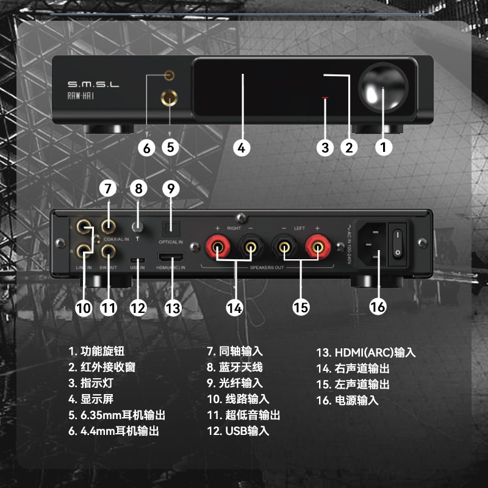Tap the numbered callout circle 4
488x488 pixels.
click(242, 147)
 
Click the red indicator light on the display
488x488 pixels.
click(325, 98)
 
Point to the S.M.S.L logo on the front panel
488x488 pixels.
click(93, 83)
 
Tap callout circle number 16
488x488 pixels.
click(378, 306)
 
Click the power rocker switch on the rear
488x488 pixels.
click(399, 242)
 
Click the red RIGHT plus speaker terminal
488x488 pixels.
click(217, 246)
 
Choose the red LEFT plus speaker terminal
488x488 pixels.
click(318, 246)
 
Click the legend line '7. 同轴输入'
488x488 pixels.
click(235, 351)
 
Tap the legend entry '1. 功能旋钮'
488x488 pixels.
click(97, 351)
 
